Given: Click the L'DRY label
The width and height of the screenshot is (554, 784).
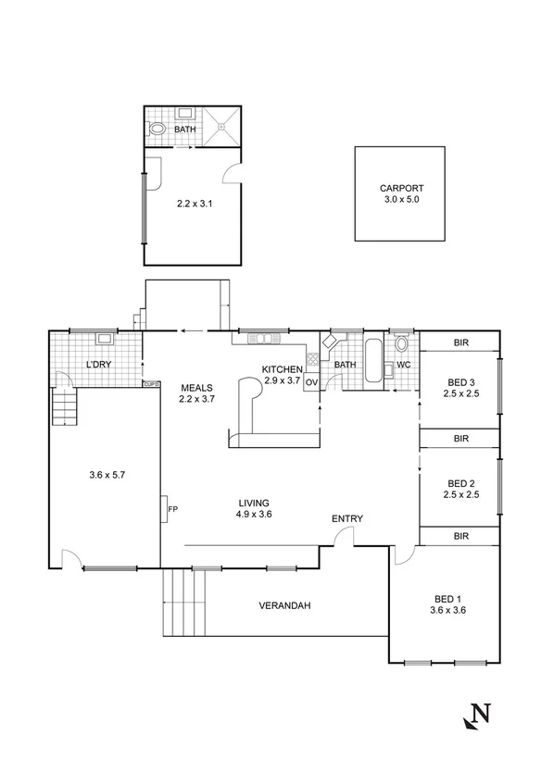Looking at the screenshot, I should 99,364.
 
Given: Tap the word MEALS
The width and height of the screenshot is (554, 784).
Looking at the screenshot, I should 196,388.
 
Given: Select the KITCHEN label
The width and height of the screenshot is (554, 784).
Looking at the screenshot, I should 283,368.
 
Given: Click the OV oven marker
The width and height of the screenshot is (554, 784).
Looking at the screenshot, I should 311,381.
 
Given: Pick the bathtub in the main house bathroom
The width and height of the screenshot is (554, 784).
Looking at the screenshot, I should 372,362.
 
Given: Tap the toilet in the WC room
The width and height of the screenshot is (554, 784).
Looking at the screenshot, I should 401,346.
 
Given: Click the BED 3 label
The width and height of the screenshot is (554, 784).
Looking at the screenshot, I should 460,383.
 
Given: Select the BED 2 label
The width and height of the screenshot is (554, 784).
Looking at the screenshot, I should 460,483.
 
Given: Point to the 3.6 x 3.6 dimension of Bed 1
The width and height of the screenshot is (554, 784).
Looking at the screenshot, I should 447,610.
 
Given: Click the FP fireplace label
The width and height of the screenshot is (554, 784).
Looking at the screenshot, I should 172,509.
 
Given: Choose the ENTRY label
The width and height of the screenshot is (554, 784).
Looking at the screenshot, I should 347,518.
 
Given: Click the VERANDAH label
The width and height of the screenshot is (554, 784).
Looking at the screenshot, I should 283,606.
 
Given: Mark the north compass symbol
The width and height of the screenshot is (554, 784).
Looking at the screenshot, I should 476,715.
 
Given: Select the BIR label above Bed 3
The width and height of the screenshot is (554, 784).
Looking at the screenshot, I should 460,342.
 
